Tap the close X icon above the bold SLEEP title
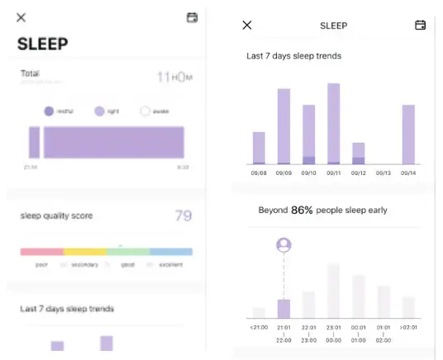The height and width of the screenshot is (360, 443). (x=21, y=17)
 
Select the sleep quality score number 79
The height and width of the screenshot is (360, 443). (x=183, y=216)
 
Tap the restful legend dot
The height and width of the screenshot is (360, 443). (x=49, y=111)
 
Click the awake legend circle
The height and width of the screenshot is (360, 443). (x=145, y=111)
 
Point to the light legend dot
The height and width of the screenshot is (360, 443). (x=98, y=111)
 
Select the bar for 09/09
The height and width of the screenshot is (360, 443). (x=283, y=126)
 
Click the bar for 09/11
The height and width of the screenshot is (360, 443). (x=333, y=124)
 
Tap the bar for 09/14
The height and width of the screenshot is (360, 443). (x=407, y=135)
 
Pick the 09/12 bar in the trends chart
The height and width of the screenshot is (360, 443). (x=358, y=154)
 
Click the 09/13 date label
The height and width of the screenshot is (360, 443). (x=383, y=173)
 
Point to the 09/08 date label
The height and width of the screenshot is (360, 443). (x=259, y=173)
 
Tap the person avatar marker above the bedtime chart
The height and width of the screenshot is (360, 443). (x=283, y=245)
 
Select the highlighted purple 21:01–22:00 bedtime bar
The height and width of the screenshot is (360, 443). (x=283, y=309)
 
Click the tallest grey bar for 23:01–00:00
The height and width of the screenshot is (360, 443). (x=333, y=291)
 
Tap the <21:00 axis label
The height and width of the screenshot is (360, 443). (x=259, y=327)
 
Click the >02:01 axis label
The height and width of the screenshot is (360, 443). (x=407, y=327)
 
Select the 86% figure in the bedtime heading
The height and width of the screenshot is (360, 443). (x=303, y=211)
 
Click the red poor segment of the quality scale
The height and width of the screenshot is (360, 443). (x=41, y=252)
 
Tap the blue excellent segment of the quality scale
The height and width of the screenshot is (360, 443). (x=171, y=252)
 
